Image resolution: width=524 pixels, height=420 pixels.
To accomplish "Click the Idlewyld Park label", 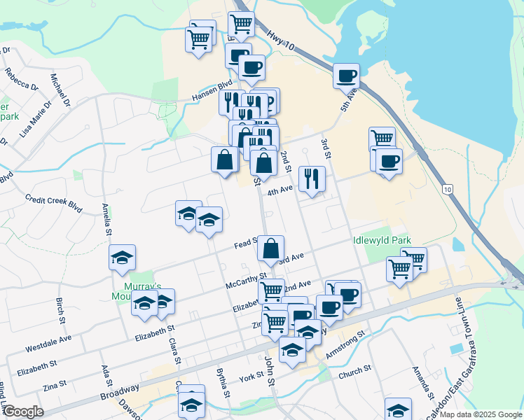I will (x=382, y=240).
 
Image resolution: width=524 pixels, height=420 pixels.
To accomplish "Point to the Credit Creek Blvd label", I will (x=53, y=199).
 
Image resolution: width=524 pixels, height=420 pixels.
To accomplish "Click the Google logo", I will (x=23, y=412).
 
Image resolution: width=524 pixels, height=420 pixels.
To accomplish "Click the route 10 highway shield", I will (x=447, y=189).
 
